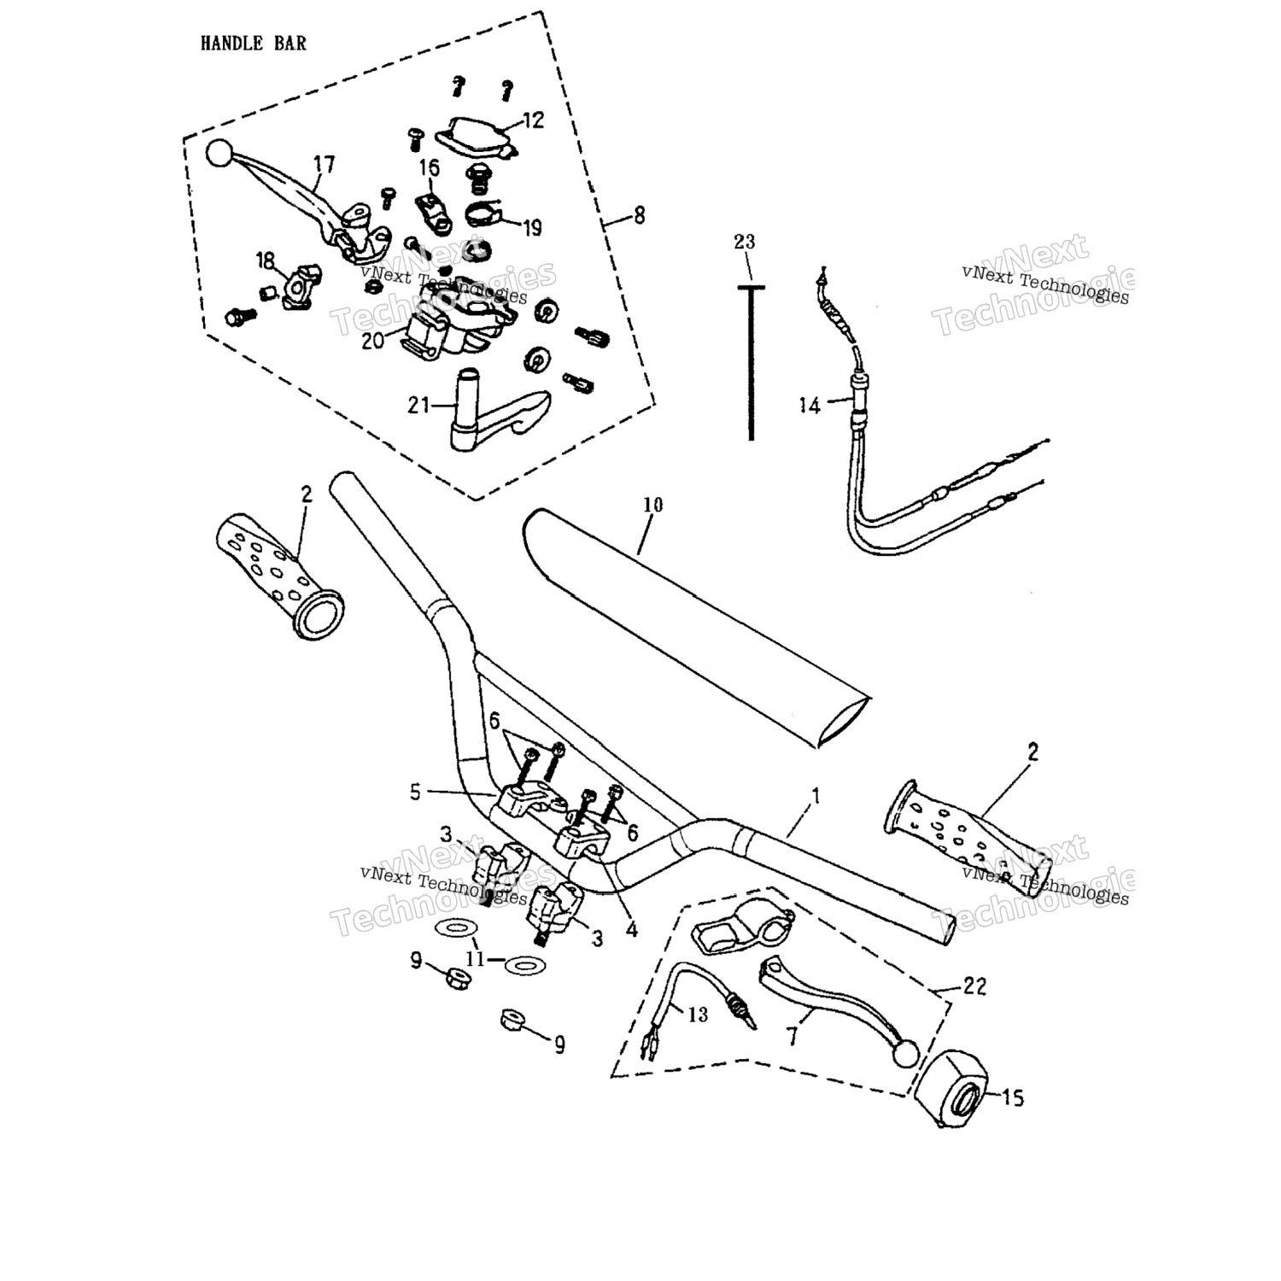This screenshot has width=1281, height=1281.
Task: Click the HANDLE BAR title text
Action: [x=253, y=43]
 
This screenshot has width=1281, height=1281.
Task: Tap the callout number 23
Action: [x=745, y=243]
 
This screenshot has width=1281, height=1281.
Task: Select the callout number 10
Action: [x=652, y=505]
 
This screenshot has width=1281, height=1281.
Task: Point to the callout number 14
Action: [x=809, y=405]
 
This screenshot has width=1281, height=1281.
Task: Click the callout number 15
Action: [x=1013, y=1097]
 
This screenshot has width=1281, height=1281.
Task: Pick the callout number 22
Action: [x=974, y=986]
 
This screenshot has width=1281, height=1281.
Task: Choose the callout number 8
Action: [x=640, y=216]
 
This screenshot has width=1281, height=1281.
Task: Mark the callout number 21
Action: [x=418, y=405]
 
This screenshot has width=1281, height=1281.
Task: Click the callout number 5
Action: [x=415, y=793]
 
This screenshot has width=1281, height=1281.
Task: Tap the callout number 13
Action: [x=698, y=1014]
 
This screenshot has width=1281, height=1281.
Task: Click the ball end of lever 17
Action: [x=219, y=154]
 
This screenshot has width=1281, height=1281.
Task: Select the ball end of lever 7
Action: [x=904, y=1055]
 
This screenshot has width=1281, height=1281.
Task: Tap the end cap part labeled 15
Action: [x=951, y=1092]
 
